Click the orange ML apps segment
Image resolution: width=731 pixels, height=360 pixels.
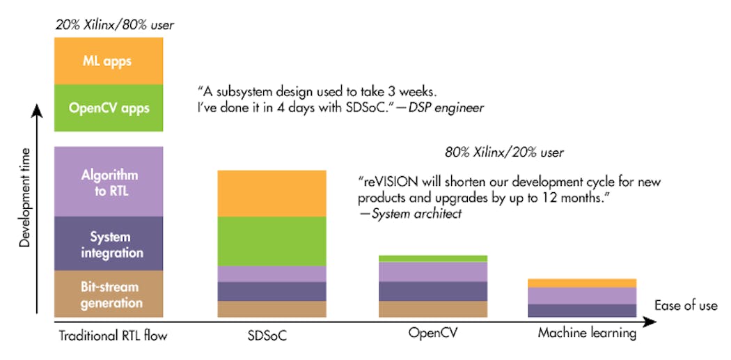pyautogui.click(x=109, y=61)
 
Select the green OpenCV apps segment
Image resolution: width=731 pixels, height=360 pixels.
pyautogui.click(x=109, y=108)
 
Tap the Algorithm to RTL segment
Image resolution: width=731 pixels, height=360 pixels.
pyautogui.click(x=109, y=182)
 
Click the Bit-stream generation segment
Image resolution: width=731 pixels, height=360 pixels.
pyautogui.click(x=109, y=295)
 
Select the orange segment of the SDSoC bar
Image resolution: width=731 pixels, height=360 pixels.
pyautogui.click(x=272, y=194)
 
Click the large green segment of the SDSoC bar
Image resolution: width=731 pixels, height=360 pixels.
pyautogui.click(x=272, y=241)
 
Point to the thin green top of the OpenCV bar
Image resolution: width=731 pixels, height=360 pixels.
pyautogui.click(x=433, y=258)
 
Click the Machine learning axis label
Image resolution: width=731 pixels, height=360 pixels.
pyautogui.click(x=587, y=334)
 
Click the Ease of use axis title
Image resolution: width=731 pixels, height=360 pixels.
pyautogui.click(x=685, y=306)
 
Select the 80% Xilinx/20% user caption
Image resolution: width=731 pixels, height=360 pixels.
pyautogui.click(x=504, y=152)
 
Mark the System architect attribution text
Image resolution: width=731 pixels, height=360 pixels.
pyautogui.click(x=416, y=214)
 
